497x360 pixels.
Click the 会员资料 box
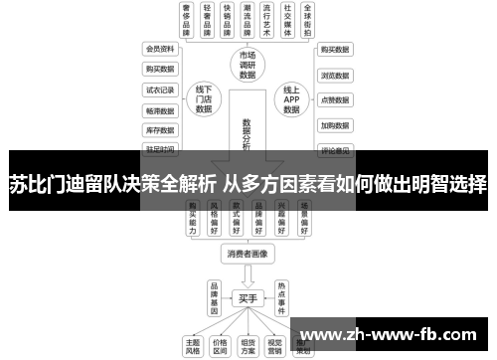159,48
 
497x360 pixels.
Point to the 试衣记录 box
159,89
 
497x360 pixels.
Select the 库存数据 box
159,129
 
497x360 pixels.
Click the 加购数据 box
334,125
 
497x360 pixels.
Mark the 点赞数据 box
334,99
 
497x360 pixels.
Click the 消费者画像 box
248,254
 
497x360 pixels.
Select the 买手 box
248,297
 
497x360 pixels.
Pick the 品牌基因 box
213,296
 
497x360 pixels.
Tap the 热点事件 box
282,296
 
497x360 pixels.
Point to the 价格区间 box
220,344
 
